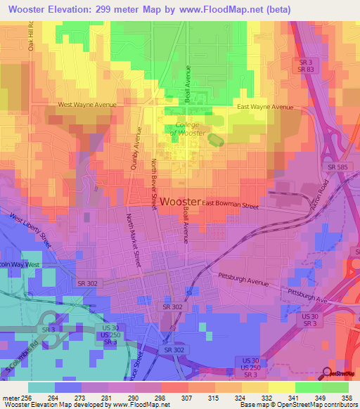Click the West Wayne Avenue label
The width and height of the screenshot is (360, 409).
coord(86,105)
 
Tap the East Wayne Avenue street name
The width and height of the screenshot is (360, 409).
coord(265,107)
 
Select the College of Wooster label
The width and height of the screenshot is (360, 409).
coord(186,129)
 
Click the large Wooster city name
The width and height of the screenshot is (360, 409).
coord(180,202)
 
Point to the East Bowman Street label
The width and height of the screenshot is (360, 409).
coord(231,205)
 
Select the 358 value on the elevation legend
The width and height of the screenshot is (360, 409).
coord(346,398)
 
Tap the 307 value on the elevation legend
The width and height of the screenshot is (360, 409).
coord(187,398)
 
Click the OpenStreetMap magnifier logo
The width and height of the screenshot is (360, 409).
coord(328,373)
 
